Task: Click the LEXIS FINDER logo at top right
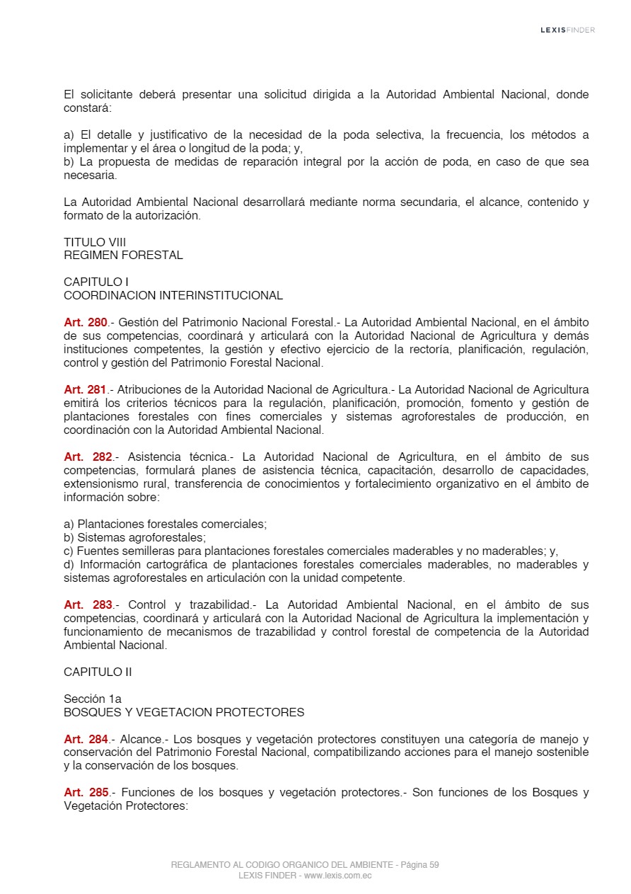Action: click(x=567, y=30)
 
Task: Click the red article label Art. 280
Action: click(x=86, y=322)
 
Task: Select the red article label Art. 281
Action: click(x=86, y=389)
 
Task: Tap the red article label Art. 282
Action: click(x=88, y=457)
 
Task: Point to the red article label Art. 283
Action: click(x=88, y=604)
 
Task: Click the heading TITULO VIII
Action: click(x=95, y=242)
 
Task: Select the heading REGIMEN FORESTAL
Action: click(x=123, y=255)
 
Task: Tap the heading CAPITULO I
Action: click(x=95, y=282)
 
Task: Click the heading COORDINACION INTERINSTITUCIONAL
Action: click(x=173, y=295)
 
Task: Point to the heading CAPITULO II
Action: click(x=98, y=672)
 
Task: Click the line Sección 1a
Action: click(x=93, y=699)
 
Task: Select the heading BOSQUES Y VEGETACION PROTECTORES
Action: click(x=184, y=712)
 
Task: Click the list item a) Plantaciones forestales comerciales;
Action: click(x=165, y=524)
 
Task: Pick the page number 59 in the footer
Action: click(x=434, y=865)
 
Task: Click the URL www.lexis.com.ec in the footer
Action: click(x=337, y=876)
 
